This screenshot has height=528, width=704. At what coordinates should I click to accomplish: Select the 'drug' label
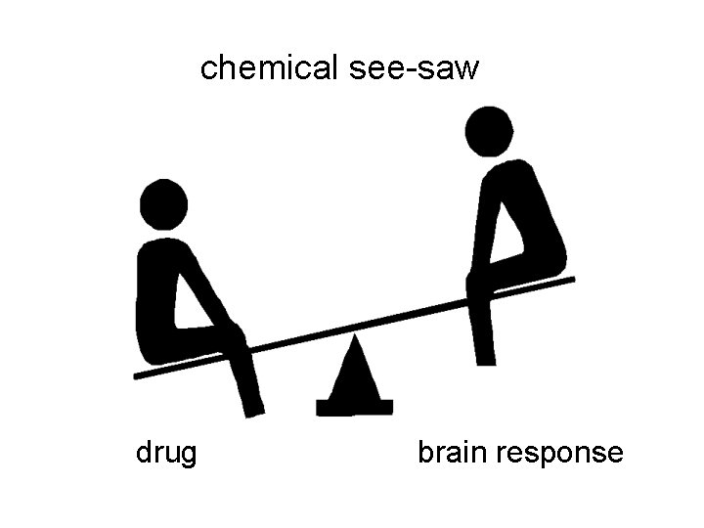click(166, 454)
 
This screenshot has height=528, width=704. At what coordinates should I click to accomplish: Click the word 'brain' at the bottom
click(455, 454)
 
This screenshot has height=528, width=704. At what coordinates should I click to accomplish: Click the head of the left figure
click(163, 204)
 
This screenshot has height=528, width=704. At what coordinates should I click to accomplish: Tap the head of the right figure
click(489, 131)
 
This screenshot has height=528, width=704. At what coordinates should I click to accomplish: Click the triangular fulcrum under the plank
click(354, 376)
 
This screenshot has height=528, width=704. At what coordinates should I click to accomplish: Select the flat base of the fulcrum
click(355, 406)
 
